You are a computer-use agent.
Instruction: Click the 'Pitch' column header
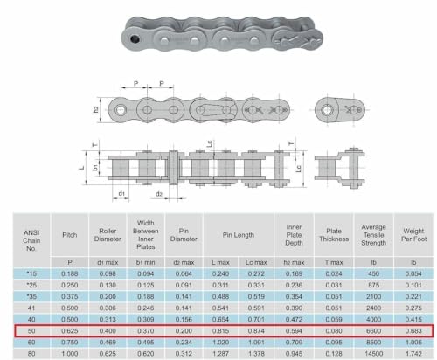(x=70, y=236)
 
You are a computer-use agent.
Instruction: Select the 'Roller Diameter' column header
(x=107, y=236)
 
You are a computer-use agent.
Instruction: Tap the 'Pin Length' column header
(x=239, y=236)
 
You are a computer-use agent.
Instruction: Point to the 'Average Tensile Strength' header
(x=373, y=236)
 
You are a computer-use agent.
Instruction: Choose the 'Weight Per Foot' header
(x=412, y=236)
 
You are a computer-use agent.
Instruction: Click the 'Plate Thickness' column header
(x=333, y=236)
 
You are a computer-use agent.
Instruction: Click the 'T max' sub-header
(x=333, y=260)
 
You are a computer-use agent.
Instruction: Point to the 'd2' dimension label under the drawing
(x=159, y=193)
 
